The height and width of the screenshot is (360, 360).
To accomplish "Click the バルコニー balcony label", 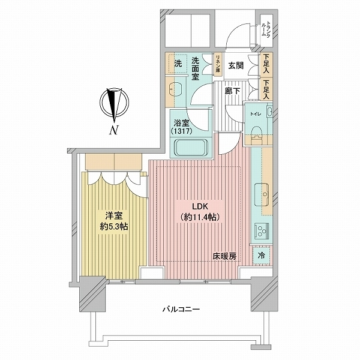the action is click(181, 309).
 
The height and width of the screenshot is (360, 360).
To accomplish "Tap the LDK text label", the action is click(200, 206).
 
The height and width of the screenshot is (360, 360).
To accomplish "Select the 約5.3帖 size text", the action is click(114, 227).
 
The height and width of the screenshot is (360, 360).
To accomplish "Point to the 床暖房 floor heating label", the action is click(224, 256).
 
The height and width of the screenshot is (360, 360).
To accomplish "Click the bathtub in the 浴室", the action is click(191, 148).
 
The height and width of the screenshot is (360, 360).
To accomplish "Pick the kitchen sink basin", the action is click(262, 194).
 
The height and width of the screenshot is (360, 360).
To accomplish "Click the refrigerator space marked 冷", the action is click(261, 256).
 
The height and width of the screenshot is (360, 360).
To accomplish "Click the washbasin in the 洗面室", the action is click(175, 89).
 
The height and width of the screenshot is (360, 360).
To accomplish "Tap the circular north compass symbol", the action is click(114, 102).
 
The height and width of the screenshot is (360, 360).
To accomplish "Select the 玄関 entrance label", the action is click(236, 66).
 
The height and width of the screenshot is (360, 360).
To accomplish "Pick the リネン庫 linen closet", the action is click(218, 64).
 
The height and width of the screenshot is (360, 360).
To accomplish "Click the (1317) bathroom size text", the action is click(181, 131).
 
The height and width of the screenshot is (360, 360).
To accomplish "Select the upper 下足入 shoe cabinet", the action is click(266, 64).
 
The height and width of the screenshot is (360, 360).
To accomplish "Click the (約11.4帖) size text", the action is click(200, 217).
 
